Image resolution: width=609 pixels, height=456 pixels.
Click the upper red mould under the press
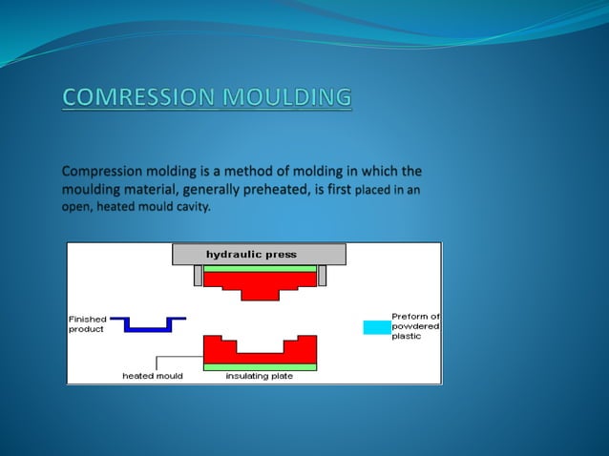point(259,282)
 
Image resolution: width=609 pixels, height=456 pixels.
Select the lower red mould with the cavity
point(259,353)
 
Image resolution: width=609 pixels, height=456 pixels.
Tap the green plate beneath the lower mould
point(259,366)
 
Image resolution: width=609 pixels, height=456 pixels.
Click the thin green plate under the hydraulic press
point(259,269)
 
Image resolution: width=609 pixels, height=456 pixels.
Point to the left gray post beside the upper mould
point(198,276)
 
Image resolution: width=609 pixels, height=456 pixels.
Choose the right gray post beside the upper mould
point(322,276)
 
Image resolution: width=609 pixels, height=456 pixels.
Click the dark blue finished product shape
point(147,323)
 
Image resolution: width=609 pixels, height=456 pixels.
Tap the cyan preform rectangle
point(376,327)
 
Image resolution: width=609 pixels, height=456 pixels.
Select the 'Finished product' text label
point(87,323)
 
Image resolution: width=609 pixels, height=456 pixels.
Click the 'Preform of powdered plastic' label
point(415,326)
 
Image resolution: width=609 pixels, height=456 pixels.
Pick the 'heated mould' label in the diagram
point(152,376)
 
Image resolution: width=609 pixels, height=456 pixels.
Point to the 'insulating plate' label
point(259,376)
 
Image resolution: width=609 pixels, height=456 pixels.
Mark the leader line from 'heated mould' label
point(157,363)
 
